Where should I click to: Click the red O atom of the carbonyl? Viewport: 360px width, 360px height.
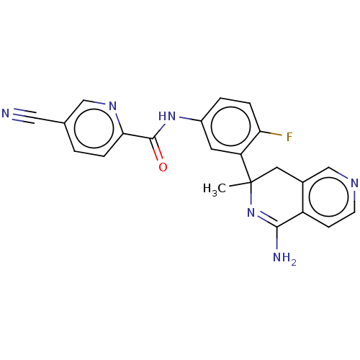[x=163, y=167]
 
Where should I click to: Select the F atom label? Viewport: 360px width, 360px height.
[x=289, y=137]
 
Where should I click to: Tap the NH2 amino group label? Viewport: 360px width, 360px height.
[x=284, y=258]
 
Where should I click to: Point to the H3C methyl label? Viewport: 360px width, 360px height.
[x=215, y=189]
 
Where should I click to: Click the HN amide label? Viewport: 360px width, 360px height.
[x=167, y=117]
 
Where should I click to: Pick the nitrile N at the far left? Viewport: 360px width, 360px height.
[x=6, y=113]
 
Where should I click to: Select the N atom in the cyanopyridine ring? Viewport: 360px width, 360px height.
[x=112, y=106]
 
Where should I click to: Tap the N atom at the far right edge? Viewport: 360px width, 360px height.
[x=354, y=183]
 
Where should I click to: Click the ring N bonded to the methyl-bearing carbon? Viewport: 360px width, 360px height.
[x=251, y=212]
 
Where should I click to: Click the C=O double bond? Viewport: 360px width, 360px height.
[x=156, y=149]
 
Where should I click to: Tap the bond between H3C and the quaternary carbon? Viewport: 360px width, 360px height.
[x=240, y=185]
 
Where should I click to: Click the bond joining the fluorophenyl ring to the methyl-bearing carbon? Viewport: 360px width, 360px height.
[x=246, y=168]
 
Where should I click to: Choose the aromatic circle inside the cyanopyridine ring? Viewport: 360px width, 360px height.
[x=94, y=128]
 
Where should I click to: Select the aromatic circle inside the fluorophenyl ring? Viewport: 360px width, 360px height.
[x=231, y=126]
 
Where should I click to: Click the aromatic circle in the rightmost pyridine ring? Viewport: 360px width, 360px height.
[x=329, y=197]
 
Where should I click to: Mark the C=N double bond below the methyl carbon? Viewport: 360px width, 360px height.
[x=266, y=219]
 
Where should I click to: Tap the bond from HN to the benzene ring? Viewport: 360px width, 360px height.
[x=190, y=119]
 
